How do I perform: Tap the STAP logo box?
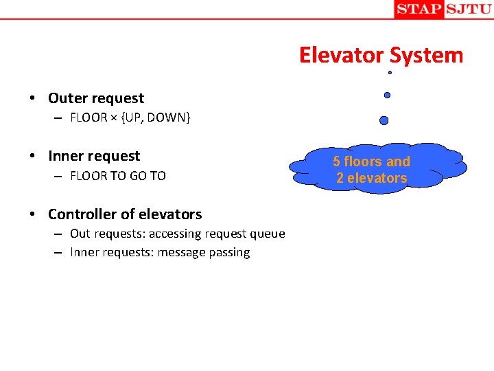(x=419, y=9)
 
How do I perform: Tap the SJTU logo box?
(x=468, y=9)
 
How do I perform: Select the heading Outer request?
(x=96, y=98)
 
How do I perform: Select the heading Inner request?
(x=94, y=156)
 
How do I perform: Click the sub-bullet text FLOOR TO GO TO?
(x=118, y=176)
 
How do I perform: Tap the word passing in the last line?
(x=229, y=253)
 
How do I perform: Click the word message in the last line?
(x=181, y=253)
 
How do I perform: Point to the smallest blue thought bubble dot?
(x=390, y=72)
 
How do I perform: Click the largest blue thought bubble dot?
(x=384, y=120)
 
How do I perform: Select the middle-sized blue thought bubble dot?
(x=387, y=95)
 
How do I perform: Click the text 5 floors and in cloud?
(x=371, y=162)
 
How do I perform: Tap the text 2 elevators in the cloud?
(x=371, y=179)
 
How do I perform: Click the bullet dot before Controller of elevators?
(x=32, y=214)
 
